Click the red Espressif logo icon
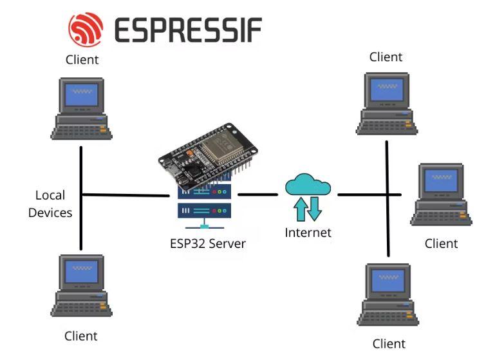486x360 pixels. coord(86,28)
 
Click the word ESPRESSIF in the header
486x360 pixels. coord(188,30)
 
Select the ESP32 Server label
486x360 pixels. coord(203,244)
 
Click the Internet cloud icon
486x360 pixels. coord(308,185)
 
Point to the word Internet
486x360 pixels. coord(308,232)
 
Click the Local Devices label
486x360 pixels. coord(50,204)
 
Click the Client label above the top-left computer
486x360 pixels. coord(82,60)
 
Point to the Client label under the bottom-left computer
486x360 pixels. coord(81,336)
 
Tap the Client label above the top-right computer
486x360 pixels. coord(386,57)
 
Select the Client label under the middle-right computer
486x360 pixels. coord(442,243)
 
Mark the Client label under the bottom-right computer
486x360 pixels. coord(389,343)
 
